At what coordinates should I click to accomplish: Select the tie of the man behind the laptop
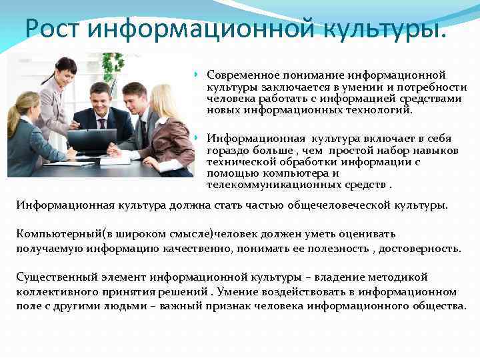[x=101, y=124]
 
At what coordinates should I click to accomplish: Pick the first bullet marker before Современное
[x=197, y=75]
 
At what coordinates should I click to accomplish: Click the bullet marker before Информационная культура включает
[x=197, y=139]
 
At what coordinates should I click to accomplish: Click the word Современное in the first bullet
[x=243, y=75]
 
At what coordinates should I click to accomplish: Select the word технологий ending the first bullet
[x=381, y=110]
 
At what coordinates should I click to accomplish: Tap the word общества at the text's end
[x=439, y=305]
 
